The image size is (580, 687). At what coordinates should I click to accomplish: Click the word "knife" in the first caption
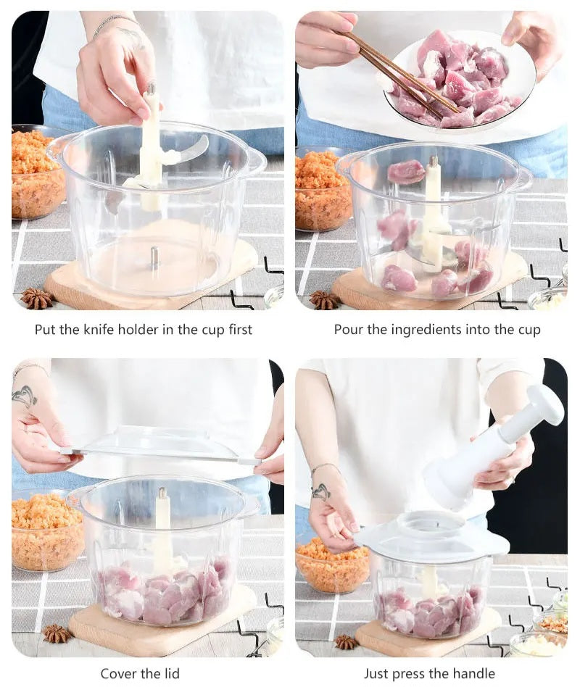tap(99, 329)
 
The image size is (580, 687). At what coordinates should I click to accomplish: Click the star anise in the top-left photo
tap(37, 299)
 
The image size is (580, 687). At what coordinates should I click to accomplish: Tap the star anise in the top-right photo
tap(324, 300)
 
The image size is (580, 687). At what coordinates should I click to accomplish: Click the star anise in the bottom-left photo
tap(57, 633)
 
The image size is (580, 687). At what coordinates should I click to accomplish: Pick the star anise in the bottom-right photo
tap(347, 642)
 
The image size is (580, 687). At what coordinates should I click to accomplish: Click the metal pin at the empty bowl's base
tap(154, 257)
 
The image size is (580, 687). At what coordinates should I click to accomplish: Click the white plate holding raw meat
tap(460, 79)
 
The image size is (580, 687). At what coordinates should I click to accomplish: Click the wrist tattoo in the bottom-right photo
tap(321, 491)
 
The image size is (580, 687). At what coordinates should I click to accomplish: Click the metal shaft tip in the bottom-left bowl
tap(162, 493)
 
